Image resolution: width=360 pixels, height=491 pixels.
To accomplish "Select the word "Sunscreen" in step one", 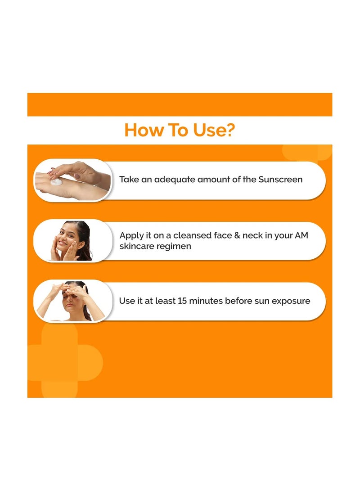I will pyautogui.click(x=280, y=180).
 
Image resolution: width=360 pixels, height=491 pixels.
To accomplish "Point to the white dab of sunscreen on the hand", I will pyautogui.click(x=56, y=183).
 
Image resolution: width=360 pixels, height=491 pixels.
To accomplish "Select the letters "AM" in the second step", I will pyautogui.click(x=302, y=235).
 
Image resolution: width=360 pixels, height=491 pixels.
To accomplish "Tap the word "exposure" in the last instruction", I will pyautogui.click(x=289, y=301).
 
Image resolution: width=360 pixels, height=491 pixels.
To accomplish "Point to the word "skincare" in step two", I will pyautogui.click(x=137, y=246).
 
